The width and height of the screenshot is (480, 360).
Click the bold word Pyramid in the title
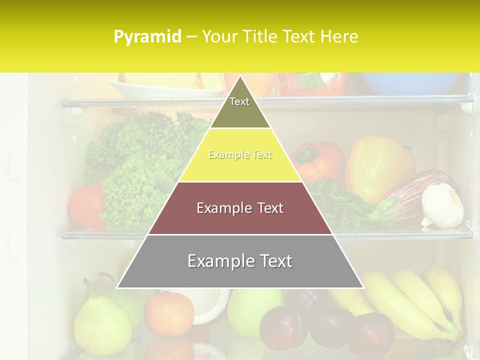147,36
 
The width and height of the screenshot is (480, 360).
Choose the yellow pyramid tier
240,155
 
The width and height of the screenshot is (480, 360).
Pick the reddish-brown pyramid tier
240,208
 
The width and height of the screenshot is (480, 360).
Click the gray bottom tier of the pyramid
240,261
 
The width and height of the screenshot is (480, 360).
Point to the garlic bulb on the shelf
442,206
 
